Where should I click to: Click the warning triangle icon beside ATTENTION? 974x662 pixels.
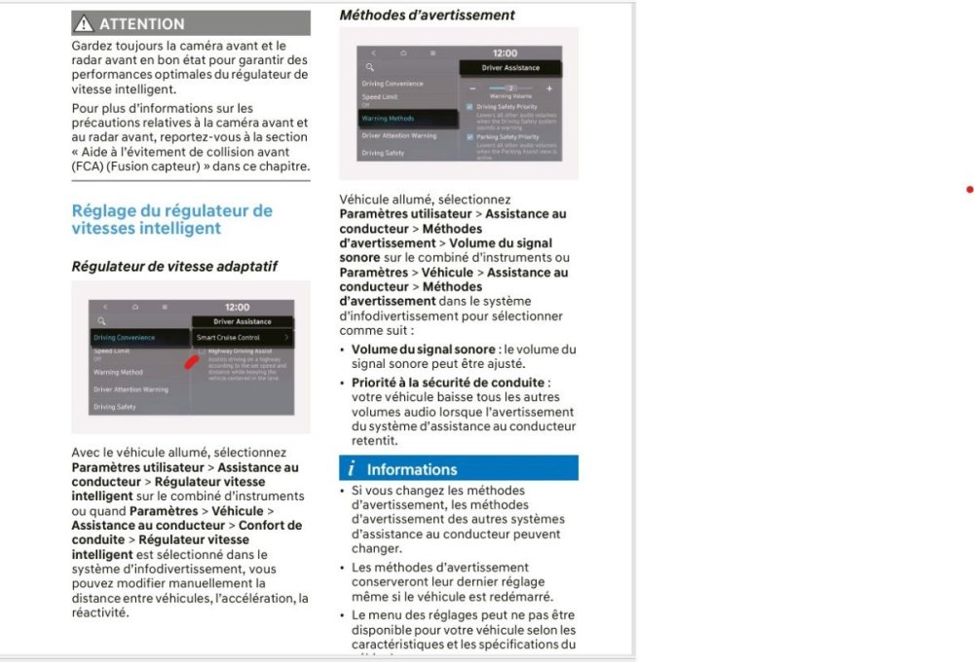click(86, 23)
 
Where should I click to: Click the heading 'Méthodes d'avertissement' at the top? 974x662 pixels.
click(427, 15)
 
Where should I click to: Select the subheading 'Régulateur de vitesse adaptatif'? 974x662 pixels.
click(174, 266)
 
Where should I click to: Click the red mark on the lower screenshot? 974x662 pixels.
click(192, 361)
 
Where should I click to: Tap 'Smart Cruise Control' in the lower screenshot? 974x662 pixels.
click(229, 338)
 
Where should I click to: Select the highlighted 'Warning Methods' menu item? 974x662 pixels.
click(389, 119)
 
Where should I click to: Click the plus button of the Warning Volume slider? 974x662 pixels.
click(549, 89)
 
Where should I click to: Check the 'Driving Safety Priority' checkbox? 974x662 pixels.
click(469, 107)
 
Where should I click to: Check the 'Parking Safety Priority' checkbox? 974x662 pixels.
click(469, 137)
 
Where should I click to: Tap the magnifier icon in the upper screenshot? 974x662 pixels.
click(370, 67)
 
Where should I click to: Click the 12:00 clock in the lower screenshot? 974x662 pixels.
click(237, 307)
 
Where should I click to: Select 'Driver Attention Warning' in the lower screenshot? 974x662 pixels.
click(131, 389)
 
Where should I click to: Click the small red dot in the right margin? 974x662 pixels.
click(969, 190)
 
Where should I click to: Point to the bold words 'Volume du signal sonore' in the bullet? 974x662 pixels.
click(423, 349)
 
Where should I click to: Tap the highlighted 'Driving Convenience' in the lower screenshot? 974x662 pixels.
click(125, 338)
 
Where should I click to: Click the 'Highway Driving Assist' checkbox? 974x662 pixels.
click(202, 350)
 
